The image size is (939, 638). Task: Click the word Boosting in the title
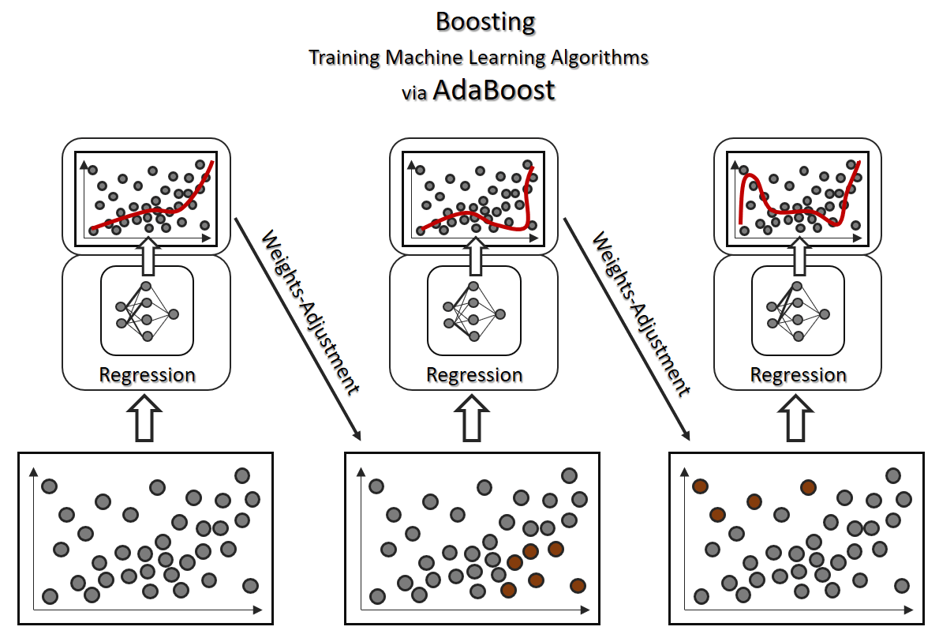[x=485, y=21]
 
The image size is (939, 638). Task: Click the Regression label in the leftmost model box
[x=147, y=374]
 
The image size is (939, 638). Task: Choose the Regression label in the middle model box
[x=474, y=374]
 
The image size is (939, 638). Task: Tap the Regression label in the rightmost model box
[x=798, y=374]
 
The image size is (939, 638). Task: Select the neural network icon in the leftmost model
[x=147, y=310]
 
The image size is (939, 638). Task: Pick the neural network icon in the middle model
[x=474, y=310]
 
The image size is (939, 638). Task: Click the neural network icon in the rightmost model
[x=798, y=310]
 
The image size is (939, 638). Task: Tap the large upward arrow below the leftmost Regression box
[x=147, y=418]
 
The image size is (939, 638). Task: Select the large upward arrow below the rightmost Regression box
[x=798, y=418]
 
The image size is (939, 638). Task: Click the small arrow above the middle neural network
[x=474, y=254]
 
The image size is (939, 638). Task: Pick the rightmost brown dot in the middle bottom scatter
[x=578, y=585]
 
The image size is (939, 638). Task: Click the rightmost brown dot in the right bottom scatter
[x=808, y=487]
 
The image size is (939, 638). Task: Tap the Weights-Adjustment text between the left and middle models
[x=309, y=313]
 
